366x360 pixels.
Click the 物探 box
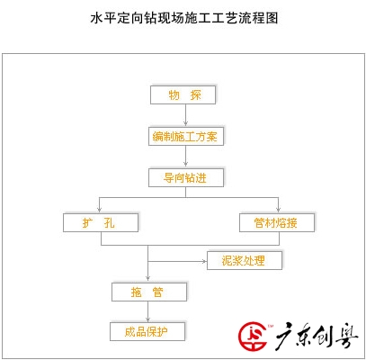(x=183, y=95)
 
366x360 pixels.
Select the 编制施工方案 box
(x=186, y=137)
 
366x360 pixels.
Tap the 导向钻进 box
(x=186, y=177)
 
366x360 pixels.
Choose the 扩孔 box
(x=101, y=222)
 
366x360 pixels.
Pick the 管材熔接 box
(x=277, y=222)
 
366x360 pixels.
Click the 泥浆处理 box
(x=245, y=260)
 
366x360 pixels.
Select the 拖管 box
(x=149, y=292)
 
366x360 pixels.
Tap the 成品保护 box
(x=147, y=331)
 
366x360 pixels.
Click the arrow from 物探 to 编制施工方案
(x=185, y=115)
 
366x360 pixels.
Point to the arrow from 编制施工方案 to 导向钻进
(x=185, y=157)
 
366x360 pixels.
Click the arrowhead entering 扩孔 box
(x=100, y=210)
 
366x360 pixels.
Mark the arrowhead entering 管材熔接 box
(x=278, y=210)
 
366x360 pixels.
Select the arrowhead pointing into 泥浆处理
(x=204, y=261)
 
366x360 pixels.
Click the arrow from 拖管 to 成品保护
(x=147, y=311)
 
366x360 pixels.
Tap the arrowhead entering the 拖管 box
(x=147, y=279)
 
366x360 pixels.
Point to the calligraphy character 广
(x=284, y=336)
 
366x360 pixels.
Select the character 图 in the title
(x=272, y=18)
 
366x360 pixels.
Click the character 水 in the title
(x=96, y=18)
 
